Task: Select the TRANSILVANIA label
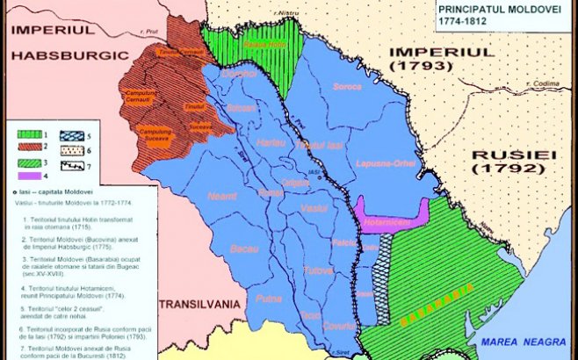pos(198,304)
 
